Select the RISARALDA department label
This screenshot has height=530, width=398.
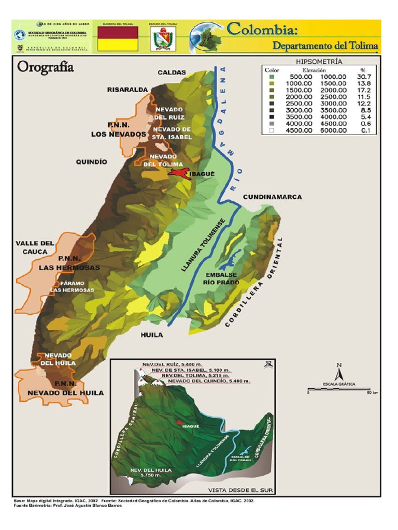click(127, 90)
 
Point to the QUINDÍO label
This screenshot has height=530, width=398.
click(92, 162)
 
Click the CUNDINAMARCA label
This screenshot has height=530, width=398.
click(272, 197)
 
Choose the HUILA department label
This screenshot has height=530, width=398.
click(152, 335)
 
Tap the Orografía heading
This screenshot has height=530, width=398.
click(46, 67)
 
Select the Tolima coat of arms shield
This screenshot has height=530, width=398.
click(163, 39)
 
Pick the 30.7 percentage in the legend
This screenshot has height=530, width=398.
click(366, 76)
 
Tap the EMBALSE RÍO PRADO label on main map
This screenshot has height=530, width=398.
click(221, 279)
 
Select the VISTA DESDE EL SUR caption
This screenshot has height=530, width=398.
click(241, 490)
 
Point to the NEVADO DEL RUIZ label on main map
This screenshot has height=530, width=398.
click(169, 113)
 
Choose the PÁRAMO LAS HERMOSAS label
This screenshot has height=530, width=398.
click(72, 287)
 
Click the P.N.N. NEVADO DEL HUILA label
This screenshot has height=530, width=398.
click(65, 388)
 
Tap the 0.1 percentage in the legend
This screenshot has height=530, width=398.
click(366, 130)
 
